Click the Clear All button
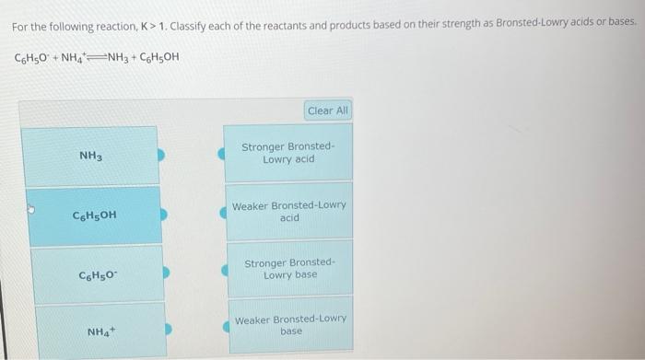click(x=328, y=110)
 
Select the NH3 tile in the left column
click(x=90, y=157)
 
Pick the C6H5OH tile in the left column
click(x=94, y=215)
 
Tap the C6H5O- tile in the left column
click(x=95, y=274)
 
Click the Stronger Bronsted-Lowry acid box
click(x=288, y=153)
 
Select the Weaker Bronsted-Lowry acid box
click(x=288, y=212)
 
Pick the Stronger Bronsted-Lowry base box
click(x=289, y=270)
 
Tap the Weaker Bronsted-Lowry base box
click(x=289, y=325)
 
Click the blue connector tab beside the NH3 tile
click(x=161, y=156)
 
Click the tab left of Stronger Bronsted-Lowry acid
click(x=222, y=154)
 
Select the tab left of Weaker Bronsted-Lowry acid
click(x=222, y=213)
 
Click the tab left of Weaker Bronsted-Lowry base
click(x=222, y=326)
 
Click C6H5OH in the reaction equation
click(x=159, y=58)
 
